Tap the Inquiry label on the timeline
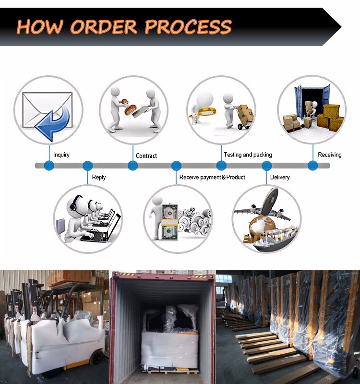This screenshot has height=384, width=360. point(61,155)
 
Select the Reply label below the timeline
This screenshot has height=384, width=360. point(99,177)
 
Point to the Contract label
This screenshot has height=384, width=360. point(146,156)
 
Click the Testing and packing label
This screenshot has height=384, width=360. point(248,155)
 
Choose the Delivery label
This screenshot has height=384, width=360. point(280,177)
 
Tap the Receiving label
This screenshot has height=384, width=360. point(330,155)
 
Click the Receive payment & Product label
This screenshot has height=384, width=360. point(212,177)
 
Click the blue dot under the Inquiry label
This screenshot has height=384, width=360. point(49,166)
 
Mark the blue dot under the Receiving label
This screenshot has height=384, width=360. point(312,166)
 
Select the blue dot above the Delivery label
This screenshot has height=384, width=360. point(267,166)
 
